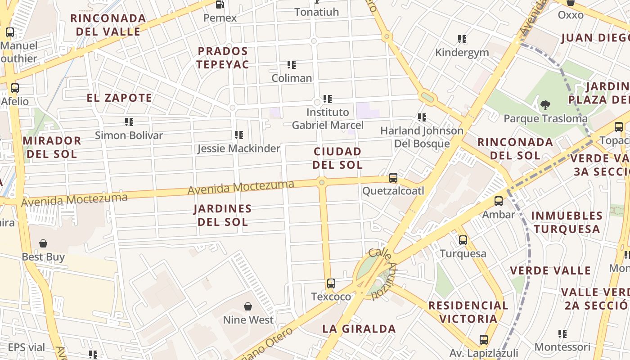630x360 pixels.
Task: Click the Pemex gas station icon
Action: click(x=220, y=4)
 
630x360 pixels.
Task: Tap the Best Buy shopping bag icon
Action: click(x=43, y=243)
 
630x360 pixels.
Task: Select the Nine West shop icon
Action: click(x=248, y=307)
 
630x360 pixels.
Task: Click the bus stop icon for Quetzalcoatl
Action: click(x=393, y=178)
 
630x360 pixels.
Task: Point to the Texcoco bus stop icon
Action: click(x=331, y=283)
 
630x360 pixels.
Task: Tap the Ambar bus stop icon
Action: click(x=499, y=201)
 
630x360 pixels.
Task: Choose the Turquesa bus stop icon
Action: click(x=463, y=240)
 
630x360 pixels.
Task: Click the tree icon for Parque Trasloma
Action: click(x=545, y=105)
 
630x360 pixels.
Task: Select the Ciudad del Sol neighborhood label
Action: click(x=337, y=158)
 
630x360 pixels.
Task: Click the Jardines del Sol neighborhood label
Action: click(x=223, y=215)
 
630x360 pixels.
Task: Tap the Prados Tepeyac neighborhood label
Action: click(x=223, y=58)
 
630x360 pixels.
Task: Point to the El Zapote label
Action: click(x=120, y=98)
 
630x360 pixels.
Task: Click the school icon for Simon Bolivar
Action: click(x=129, y=121)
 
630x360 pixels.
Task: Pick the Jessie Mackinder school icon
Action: click(x=239, y=135)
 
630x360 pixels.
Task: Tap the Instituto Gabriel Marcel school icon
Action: click(x=328, y=99)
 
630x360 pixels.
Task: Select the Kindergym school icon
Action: click(x=462, y=39)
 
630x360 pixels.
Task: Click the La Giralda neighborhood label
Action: click(x=359, y=328)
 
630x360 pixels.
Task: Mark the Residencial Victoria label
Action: click(x=468, y=312)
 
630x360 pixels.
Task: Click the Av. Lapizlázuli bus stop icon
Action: click(x=484, y=339)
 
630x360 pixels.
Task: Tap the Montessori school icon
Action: click(x=562, y=334)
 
